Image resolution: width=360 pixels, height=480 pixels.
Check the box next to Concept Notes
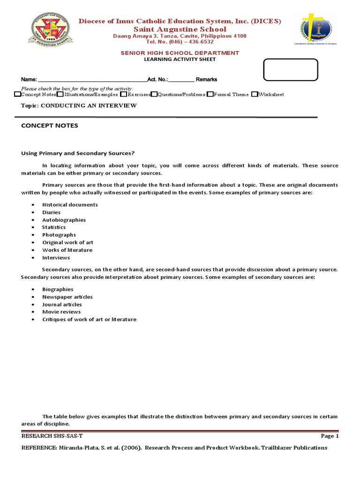tap(18, 94)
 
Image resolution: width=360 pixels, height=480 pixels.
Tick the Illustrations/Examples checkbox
tap(60, 94)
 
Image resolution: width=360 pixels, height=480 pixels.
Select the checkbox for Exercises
tap(123, 94)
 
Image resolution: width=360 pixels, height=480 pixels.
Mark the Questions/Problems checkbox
tap(154, 94)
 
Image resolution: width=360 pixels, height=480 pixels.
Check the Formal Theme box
tap(210, 94)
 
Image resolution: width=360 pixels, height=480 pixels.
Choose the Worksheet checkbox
tap(255, 94)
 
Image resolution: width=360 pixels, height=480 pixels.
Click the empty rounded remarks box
tap(291, 70)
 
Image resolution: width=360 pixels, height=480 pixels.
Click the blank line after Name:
tap(92, 80)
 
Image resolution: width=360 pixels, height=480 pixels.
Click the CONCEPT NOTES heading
tap(50, 126)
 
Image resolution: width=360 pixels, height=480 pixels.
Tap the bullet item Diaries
tap(51, 212)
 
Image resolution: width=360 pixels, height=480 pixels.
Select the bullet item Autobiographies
tap(64, 220)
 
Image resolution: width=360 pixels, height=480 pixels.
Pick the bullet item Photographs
tap(59, 235)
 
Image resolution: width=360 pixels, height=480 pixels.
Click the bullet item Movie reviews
tap(61, 312)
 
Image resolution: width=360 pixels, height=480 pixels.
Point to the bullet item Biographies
tap(58, 289)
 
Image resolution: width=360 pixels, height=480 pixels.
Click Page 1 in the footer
tap(330, 436)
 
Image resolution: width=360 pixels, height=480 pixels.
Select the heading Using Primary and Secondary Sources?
tap(78, 152)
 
